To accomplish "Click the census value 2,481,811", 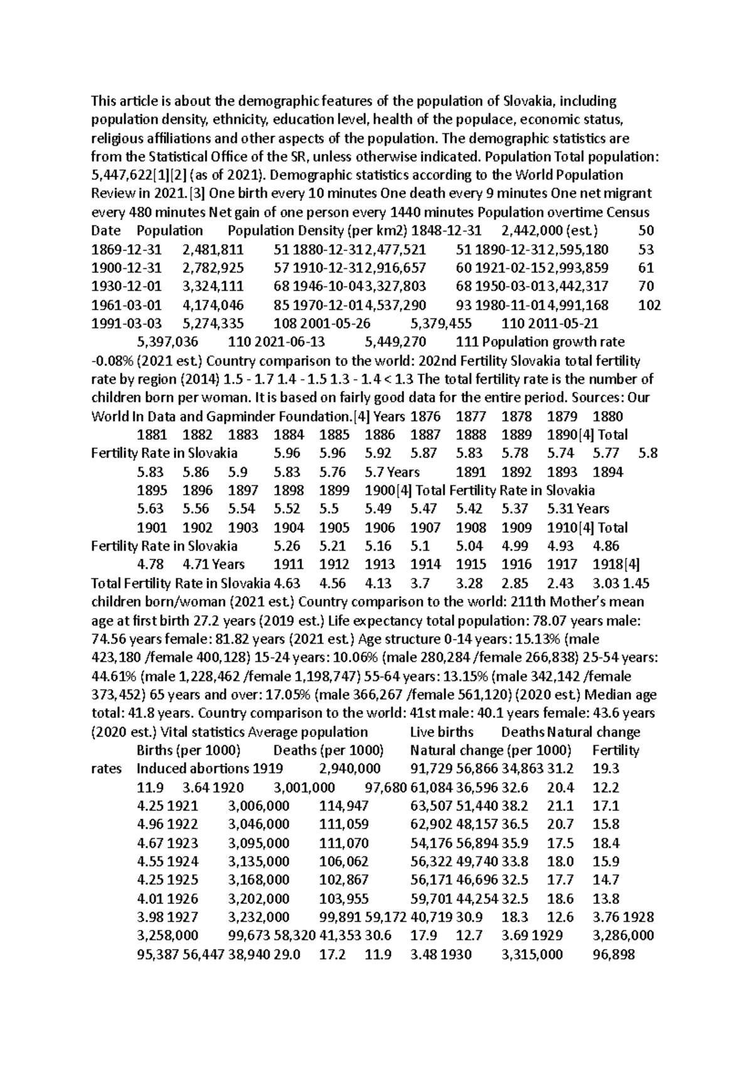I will [x=213, y=249].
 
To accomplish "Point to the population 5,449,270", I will [x=395, y=342].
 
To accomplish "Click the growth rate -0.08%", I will [x=114, y=361].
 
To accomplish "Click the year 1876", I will [x=425, y=416].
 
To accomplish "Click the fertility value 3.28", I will [x=469, y=583].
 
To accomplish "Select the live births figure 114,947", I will [x=344, y=806].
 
